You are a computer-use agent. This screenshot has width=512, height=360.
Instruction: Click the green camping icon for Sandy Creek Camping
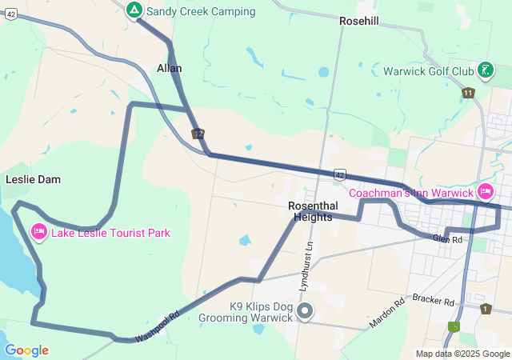coord(134,10)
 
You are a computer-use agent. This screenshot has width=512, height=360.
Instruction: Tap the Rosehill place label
coord(358,21)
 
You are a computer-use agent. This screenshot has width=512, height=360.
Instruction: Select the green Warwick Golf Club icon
coord(485,70)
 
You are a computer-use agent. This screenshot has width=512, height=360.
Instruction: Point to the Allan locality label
coord(170,68)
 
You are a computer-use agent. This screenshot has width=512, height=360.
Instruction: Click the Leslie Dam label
coord(33,179)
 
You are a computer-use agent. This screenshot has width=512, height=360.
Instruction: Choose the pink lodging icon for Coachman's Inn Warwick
coord(486,192)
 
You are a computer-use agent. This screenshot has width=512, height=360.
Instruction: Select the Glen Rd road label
coord(448,239)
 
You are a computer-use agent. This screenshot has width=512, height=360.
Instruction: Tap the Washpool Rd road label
coord(158,326)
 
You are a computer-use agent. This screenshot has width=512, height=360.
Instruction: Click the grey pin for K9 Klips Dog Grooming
coord(304,310)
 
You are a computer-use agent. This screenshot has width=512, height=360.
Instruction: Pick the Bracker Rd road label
coord(434,299)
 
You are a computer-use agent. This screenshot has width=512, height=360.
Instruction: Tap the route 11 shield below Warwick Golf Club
coord(468,94)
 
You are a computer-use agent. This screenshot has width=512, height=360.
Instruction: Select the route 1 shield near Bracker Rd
coord(486,308)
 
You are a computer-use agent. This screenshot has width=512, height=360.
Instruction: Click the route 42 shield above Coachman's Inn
coord(340,174)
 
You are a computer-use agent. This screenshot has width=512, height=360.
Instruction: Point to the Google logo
coord(26,350)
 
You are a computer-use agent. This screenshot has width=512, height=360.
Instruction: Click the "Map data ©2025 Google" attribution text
coord(462,354)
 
